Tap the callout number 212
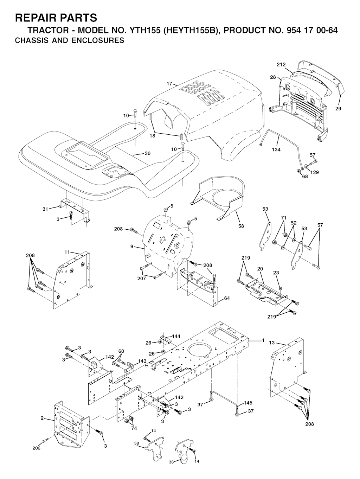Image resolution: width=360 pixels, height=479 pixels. [281, 65]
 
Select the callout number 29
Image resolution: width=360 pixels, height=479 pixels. [338, 108]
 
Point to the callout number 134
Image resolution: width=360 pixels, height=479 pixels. [276, 150]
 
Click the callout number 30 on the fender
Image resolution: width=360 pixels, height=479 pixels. [148, 153]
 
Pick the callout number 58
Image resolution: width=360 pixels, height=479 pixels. [241, 226]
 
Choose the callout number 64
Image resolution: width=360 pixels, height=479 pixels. [227, 298]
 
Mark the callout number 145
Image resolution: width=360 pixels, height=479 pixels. [248, 403]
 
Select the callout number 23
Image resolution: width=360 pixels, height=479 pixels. [276, 273]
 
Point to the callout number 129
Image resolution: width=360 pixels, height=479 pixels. [314, 172]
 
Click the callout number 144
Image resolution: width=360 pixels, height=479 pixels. [176, 336]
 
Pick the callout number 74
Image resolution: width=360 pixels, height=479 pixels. [134, 428]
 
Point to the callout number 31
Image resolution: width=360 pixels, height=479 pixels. [45, 209]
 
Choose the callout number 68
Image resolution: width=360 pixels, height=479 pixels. [305, 176]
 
